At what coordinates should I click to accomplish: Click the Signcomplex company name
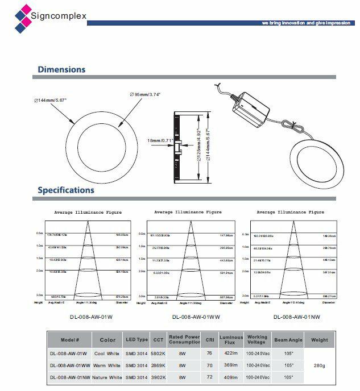(x=59, y=16)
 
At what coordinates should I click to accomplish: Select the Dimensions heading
(x=61, y=69)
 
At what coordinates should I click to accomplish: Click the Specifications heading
(x=66, y=190)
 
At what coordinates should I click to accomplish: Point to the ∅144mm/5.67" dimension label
(x=51, y=100)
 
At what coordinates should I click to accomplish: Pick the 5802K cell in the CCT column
(x=158, y=353)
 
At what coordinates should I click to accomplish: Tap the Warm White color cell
(x=107, y=365)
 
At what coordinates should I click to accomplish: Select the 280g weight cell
(x=319, y=365)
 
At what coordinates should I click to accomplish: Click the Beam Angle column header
(x=288, y=340)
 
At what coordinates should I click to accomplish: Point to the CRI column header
(x=209, y=340)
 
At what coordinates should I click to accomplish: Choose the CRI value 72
(x=209, y=377)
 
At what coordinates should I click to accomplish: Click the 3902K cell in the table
(x=158, y=377)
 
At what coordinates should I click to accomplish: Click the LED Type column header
(x=136, y=340)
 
